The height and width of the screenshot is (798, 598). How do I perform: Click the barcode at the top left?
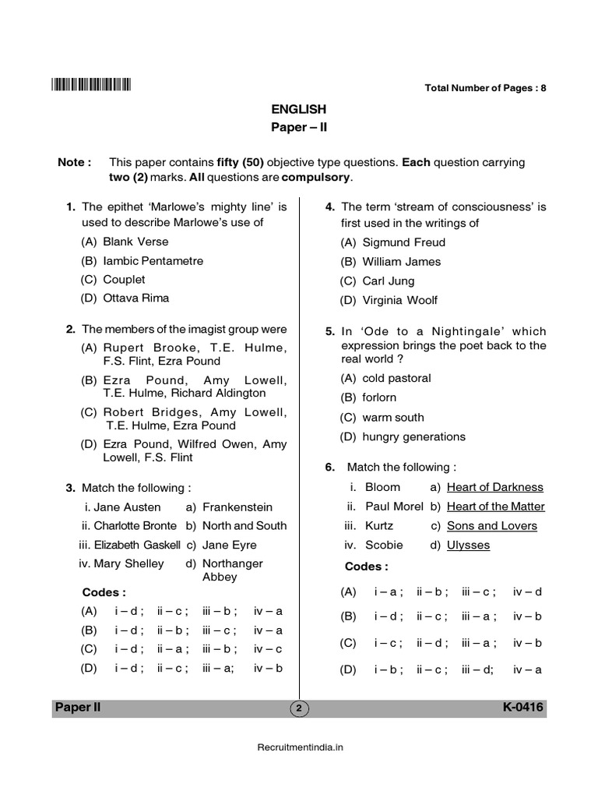pos(91,86)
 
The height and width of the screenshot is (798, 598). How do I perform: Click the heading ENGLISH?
pos(299,110)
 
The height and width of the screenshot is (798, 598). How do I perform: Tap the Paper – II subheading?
pos(299,129)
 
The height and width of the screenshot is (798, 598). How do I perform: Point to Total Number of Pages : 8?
pos(485,88)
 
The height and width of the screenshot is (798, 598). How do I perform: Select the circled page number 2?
pos(298,708)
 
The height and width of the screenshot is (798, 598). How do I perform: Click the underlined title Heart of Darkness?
pos(494,487)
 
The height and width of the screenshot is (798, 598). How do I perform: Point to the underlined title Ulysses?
pos(468,545)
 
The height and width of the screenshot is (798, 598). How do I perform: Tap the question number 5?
pos(330,331)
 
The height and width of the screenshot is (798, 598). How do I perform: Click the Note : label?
pos(75,163)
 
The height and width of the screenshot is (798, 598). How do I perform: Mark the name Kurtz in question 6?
pos(379,526)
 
